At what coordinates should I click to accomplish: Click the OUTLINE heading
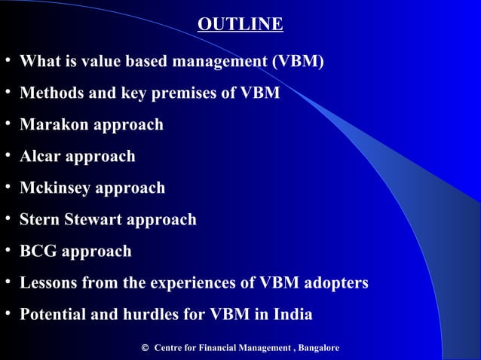coord(240,25)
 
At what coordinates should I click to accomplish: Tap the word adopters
coord(335,282)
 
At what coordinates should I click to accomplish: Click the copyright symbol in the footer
coord(145,348)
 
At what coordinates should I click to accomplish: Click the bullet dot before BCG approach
coord(7,250)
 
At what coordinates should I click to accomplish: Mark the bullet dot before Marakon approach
coord(7,124)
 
